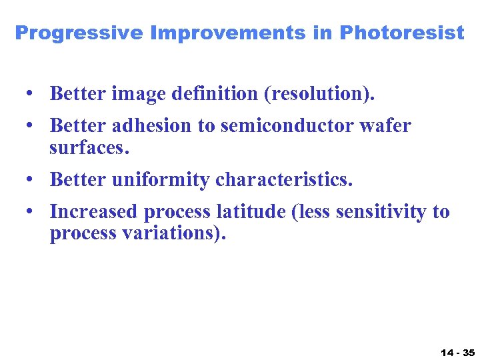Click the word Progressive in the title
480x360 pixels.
(x=79, y=33)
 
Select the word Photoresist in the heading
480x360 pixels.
(x=402, y=33)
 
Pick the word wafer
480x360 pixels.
(x=386, y=125)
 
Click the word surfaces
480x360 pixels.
(x=88, y=147)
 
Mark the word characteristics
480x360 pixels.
(x=284, y=179)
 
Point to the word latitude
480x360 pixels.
(x=241, y=212)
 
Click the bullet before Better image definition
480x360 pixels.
(x=31, y=94)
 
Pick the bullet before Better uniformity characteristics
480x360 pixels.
(x=31, y=179)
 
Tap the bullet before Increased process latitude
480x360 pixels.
(x=31, y=212)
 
